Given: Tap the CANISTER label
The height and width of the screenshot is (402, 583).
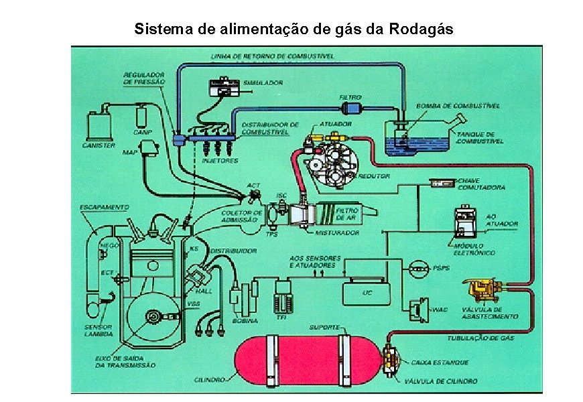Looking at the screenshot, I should (99, 145).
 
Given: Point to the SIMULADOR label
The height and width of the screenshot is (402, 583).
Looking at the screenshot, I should (263, 82).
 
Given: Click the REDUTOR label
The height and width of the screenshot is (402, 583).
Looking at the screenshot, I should (374, 176).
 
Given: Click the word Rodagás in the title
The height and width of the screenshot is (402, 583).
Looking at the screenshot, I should (421, 29).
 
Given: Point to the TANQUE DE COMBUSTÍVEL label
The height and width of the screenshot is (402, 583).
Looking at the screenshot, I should (479, 137).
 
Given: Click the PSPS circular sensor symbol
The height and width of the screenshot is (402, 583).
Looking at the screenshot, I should (419, 268).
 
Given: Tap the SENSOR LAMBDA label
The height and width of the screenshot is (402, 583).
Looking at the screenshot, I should (98, 331).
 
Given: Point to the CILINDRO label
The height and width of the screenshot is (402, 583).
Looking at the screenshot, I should (208, 379).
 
